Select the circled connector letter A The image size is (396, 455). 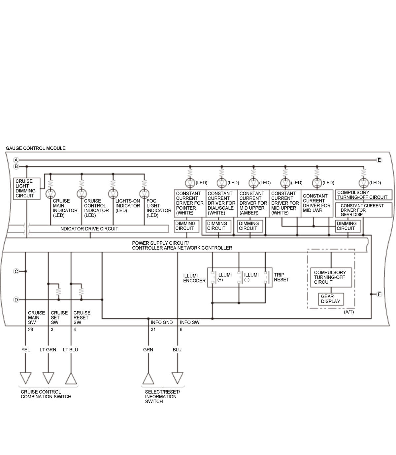click(16, 160)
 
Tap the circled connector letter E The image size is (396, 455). click(379, 160)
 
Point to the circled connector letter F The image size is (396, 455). click(379, 294)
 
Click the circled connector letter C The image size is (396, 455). click(16, 271)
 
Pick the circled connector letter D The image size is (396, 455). click(16, 300)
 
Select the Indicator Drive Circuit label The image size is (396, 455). click(88, 228)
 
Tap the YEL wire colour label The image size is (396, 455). click(26, 349)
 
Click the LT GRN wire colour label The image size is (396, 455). click(48, 349)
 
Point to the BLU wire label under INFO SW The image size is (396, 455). click(177, 349)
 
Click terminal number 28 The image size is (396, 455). click(30, 330)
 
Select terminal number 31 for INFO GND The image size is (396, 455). click(153, 330)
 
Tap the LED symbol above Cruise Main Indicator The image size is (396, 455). click(50, 194)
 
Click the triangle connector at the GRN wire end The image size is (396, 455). click(148, 379)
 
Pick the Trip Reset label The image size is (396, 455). click(281, 277)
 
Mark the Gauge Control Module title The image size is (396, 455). click(36, 148)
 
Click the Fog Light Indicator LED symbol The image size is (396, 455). click(144, 194)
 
